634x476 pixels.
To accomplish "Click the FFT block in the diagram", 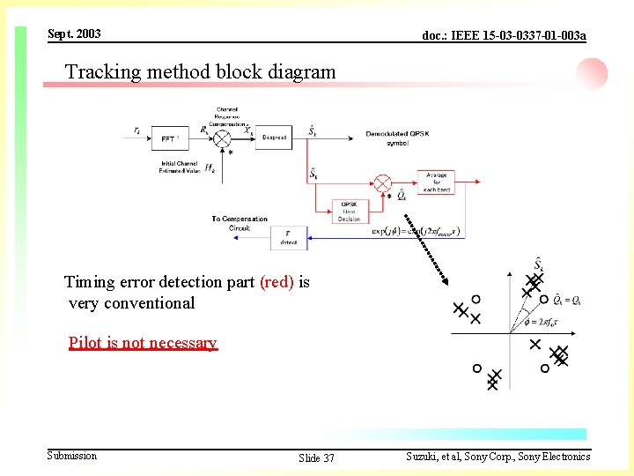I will point(169,138).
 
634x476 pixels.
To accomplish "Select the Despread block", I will point(273,138).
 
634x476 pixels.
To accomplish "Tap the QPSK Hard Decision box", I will point(350,211).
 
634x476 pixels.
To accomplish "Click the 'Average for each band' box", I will point(436,182).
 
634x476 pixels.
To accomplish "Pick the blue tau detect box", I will point(289,236).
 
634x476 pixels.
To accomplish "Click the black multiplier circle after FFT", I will point(223,138).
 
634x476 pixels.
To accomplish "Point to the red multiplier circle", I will point(382,183).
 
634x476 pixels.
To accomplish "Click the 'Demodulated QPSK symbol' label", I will point(396,138).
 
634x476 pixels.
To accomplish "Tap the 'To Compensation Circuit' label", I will point(240,223).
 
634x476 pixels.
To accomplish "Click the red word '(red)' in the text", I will point(276,282).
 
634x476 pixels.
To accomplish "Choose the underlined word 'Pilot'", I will point(85,343).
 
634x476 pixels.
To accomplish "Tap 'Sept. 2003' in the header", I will point(74,34).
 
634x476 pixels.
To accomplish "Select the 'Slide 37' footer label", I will point(316,458).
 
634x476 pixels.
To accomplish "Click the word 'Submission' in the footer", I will point(72,456).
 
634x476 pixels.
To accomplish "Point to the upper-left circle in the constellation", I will point(475,299).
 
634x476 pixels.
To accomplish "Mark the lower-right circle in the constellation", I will point(544,368).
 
